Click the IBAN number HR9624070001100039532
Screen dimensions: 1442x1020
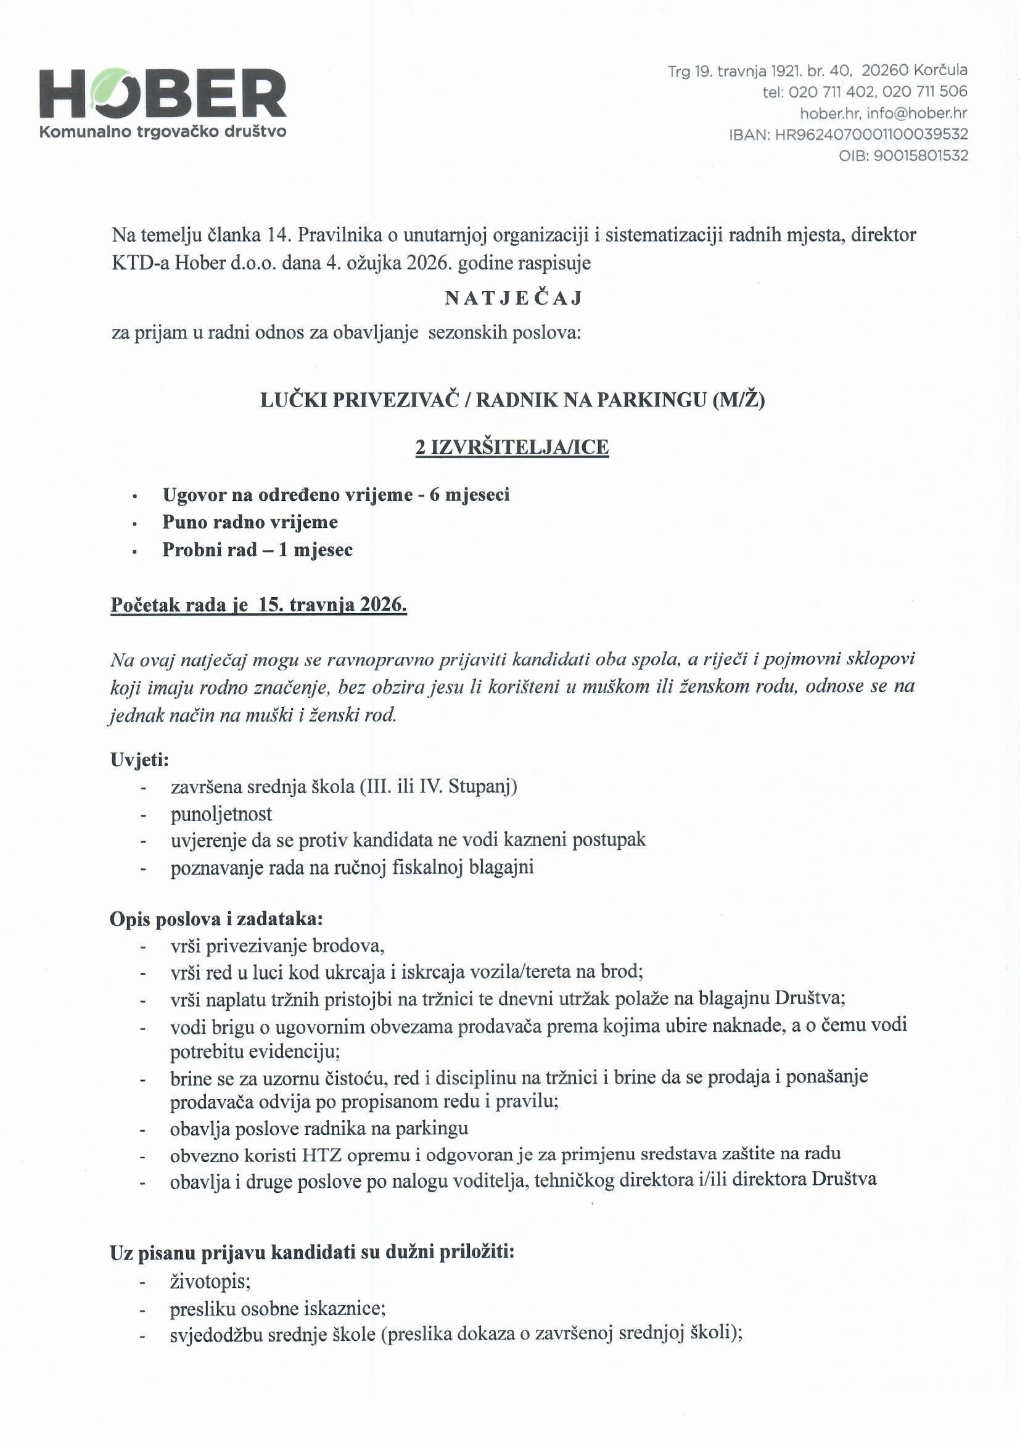pyautogui.click(x=871, y=134)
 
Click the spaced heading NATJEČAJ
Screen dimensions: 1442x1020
pyautogui.click(x=514, y=299)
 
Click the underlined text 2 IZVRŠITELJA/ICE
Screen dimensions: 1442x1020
pyautogui.click(x=512, y=447)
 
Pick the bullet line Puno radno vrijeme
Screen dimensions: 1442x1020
pyautogui.click(x=250, y=522)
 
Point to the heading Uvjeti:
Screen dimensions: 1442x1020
pyautogui.click(x=139, y=759)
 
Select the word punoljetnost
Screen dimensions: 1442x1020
pyautogui.click(x=221, y=814)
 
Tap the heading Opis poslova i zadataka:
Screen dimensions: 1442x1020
pyautogui.click(x=216, y=919)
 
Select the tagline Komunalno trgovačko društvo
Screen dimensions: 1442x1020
pyautogui.click(x=163, y=132)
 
